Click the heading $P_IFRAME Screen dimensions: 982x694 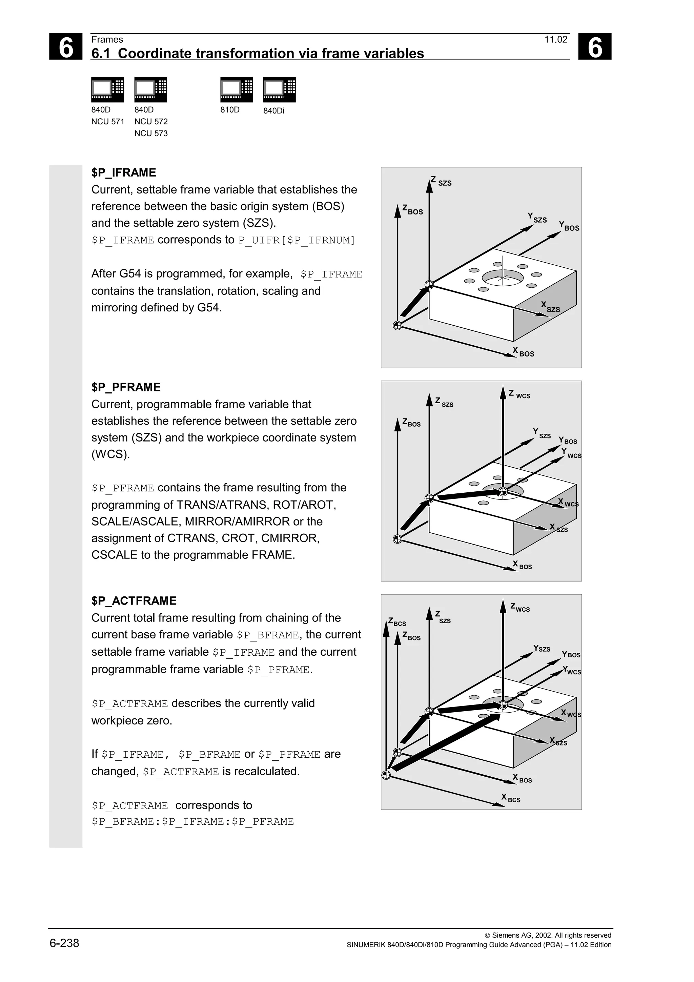click(x=124, y=173)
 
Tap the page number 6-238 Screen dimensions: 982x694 click(x=64, y=943)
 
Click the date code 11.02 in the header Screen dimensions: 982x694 click(x=555, y=40)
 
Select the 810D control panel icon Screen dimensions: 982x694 click(x=237, y=89)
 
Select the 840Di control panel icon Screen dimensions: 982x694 click(x=279, y=89)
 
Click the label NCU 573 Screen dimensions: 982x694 click(x=151, y=134)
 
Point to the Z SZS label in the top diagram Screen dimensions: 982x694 click(x=441, y=181)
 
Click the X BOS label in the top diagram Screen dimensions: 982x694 click(x=524, y=352)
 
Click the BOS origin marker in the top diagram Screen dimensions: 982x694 click(x=397, y=326)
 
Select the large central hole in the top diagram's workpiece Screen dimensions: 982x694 click(x=503, y=278)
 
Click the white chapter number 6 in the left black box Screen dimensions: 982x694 click(x=65, y=47)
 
